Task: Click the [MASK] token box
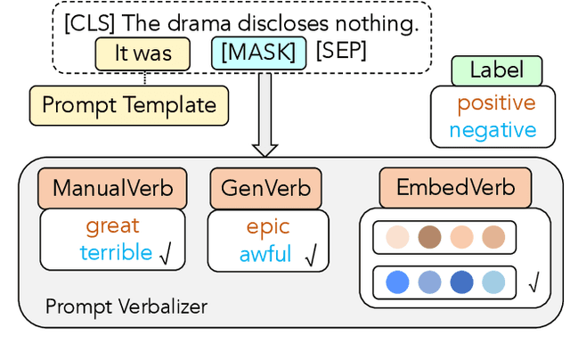point(259,53)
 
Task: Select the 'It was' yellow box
point(143,53)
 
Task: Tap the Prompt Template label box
point(128,105)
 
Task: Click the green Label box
point(497,71)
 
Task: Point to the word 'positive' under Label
point(496,103)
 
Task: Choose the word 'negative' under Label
point(493,130)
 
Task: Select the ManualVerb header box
point(112,188)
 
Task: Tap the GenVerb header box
point(265,188)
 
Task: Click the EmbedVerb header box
point(455,188)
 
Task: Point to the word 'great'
point(112,225)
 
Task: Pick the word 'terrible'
point(116,252)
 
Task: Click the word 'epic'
point(268,227)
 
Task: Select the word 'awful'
point(265,255)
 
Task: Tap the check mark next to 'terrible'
point(165,255)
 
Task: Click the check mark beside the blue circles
point(533,284)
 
